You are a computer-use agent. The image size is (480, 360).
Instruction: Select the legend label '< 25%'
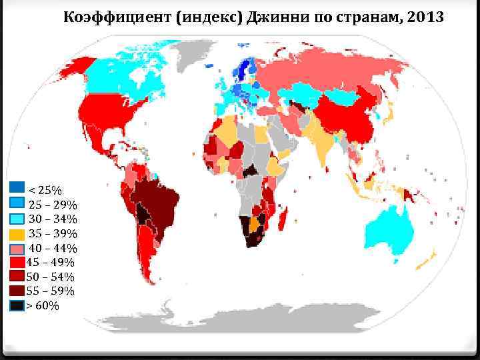(x=44, y=190)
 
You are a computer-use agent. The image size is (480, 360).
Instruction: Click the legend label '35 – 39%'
(x=52, y=234)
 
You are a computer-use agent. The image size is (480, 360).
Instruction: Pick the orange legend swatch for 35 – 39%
(x=17, y=234)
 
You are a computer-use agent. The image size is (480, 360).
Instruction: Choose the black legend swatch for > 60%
(x=17, y=305)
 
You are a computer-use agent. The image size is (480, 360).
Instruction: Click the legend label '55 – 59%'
(x=51, y=291)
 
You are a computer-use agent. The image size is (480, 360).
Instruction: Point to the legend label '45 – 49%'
(x=51, y=263)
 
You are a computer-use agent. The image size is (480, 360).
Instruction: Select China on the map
(x=350, y=117)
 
